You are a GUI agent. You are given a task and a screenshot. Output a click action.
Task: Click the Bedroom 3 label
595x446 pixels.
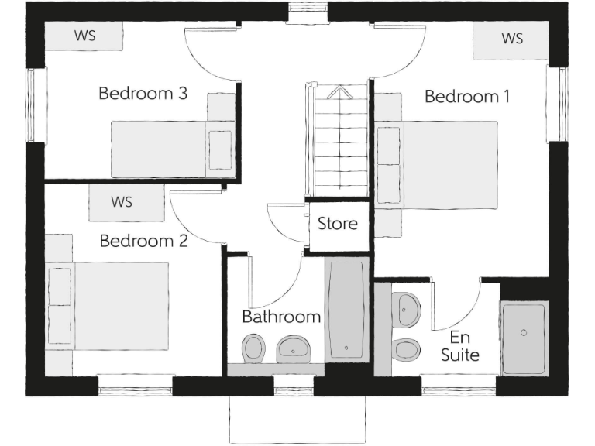tap(143, 94)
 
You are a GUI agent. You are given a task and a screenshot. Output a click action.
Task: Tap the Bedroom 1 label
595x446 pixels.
tap(467, 97)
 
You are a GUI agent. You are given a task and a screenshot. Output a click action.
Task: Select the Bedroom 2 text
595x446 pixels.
tap(143, 241)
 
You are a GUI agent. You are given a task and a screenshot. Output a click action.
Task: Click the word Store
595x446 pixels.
tap(338, 224)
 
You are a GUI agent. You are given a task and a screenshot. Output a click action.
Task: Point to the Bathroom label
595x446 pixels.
tap(281, 317)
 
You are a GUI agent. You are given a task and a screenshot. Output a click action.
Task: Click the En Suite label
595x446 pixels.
tap(459, 347)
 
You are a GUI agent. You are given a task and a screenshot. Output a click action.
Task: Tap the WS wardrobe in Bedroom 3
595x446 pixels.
tap(84, 36)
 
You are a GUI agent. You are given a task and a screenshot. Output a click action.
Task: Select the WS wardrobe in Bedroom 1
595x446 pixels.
tap(511, 39)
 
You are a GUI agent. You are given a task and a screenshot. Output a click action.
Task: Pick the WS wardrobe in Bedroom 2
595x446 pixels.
tap(122, 202)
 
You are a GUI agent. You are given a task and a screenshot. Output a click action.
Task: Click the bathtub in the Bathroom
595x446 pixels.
tap(346, 310)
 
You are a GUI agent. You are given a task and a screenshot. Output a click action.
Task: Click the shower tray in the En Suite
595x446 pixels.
tap(524, 338)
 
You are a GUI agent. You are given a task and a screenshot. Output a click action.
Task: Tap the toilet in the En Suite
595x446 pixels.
tap(405, 349)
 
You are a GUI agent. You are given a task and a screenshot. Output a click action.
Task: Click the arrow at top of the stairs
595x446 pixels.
tap(339, 93)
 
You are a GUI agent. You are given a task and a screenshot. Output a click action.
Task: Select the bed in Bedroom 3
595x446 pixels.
tap(173, 149)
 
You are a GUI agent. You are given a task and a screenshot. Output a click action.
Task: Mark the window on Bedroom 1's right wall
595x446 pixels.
tap(556, 104)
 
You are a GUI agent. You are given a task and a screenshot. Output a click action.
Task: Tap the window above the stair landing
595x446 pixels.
tap(307, 12)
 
